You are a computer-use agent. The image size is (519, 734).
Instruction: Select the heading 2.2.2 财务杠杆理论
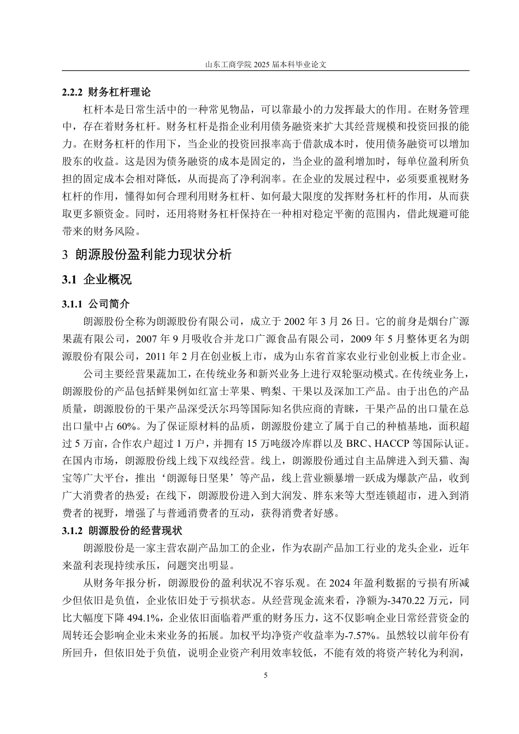coord(107,92)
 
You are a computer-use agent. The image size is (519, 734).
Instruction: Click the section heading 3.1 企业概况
coord(97,280)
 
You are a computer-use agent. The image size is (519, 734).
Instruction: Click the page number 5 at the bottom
coord(266,676)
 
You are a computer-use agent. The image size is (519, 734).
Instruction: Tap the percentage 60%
coord(128,427)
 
